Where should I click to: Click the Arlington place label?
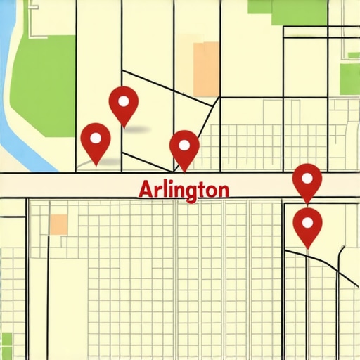tap(184, 190)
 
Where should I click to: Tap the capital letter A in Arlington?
tap(146, 189)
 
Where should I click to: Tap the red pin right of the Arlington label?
tap(307, 181)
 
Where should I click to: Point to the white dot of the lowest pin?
tap(307, 221)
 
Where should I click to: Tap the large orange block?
tap(206, 68)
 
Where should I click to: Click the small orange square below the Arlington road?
tap(59, 224)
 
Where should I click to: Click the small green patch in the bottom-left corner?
tap(6, 345)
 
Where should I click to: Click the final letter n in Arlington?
tap(222, 191)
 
